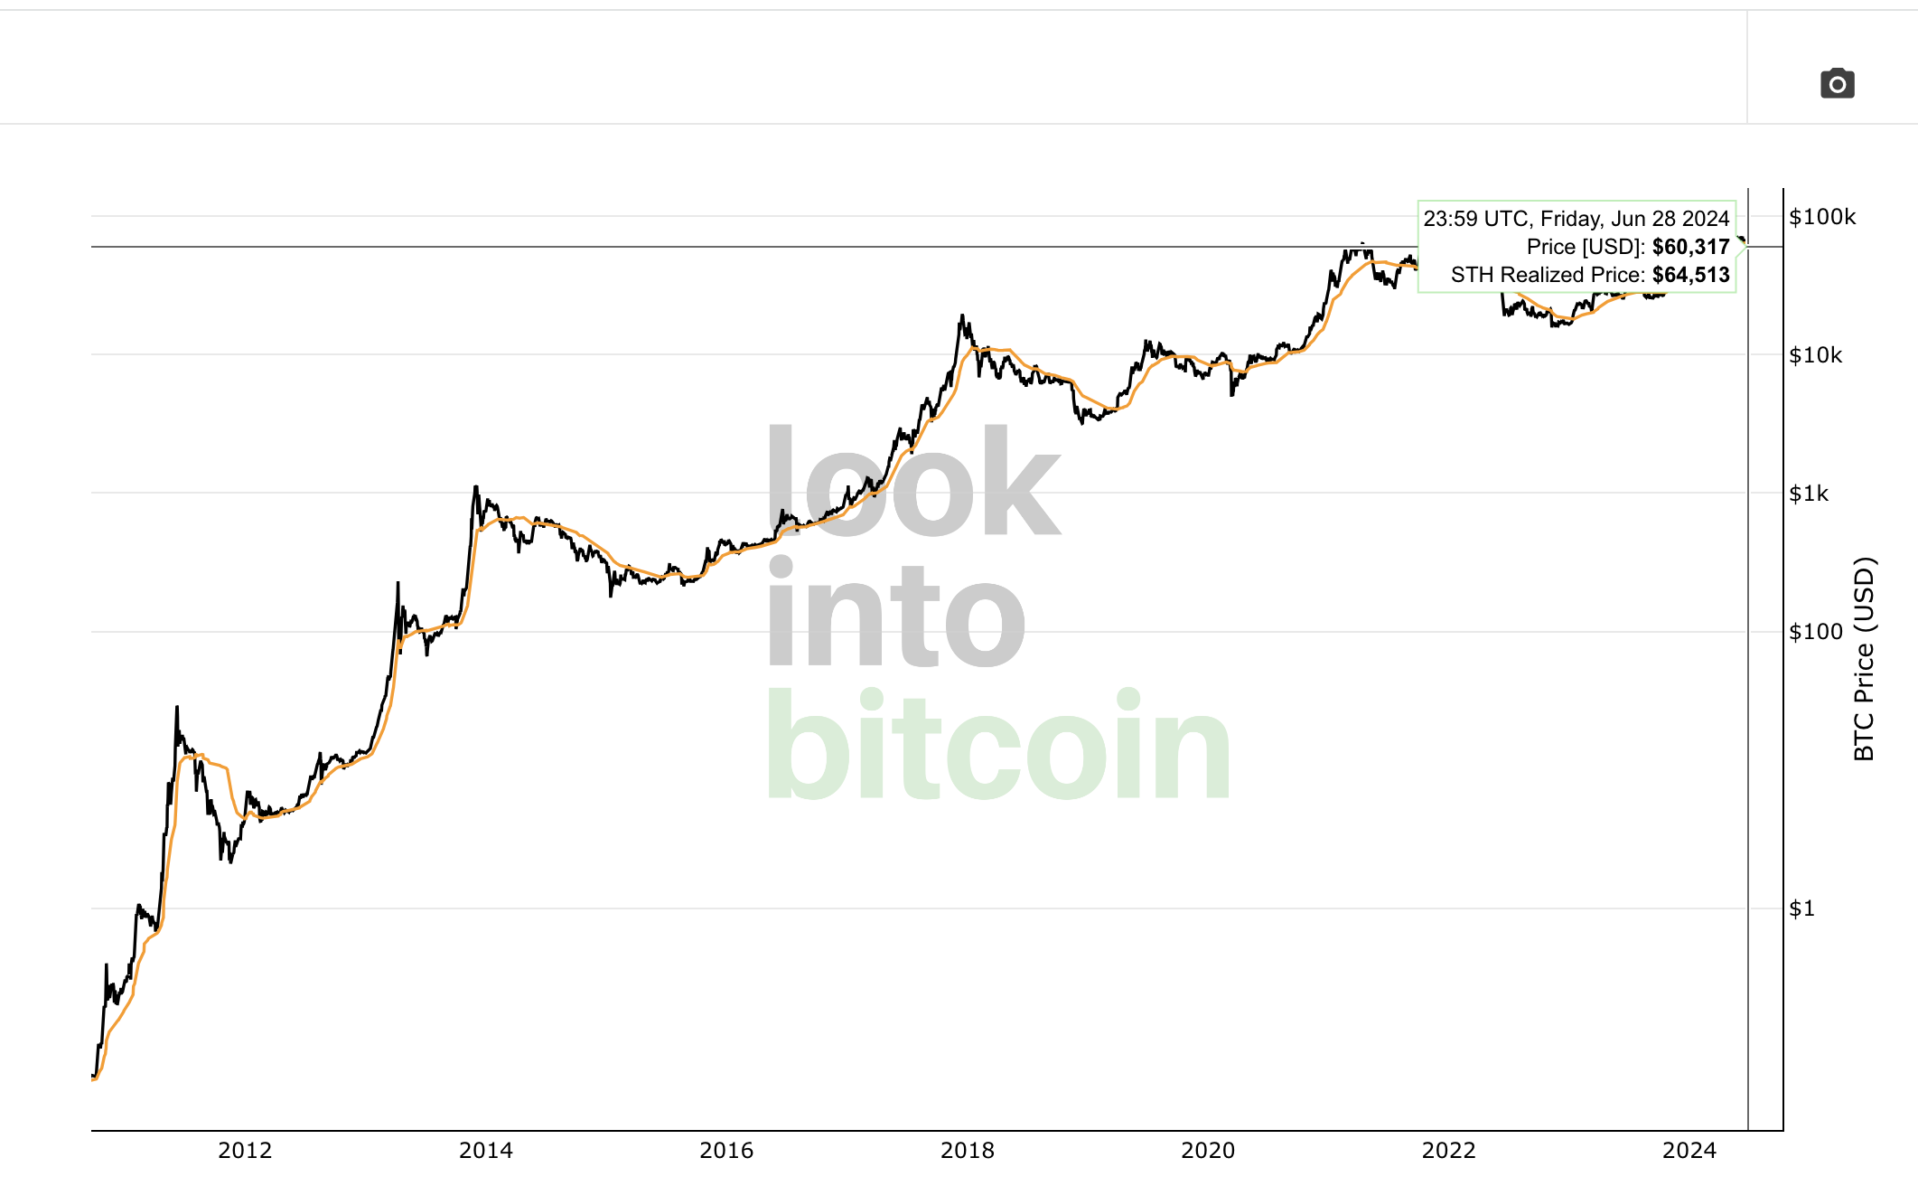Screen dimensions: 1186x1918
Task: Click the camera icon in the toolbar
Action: coord(1837,84)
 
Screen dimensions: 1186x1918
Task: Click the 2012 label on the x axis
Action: coord(245,1151)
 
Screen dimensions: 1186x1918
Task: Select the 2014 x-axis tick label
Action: coord(485,1151)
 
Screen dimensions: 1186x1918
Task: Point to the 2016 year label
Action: coord(726,1151)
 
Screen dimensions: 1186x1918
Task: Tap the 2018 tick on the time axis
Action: coord(967,1151)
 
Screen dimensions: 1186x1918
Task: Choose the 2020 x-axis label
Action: coord(1208,1151)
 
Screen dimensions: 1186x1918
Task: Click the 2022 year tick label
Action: coord(1448,1151)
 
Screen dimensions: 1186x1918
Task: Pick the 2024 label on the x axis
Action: coord(1689,1151)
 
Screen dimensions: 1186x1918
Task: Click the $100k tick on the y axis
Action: coord(1822,217)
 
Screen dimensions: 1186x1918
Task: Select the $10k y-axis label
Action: coord(1816,355)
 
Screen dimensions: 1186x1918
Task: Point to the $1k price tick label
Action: coord(1809,494)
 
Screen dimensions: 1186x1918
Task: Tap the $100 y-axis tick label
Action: coord(1816,632)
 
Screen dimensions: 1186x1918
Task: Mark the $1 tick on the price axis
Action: coord(1801,908)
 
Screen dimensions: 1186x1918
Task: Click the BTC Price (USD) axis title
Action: coord(1864,659)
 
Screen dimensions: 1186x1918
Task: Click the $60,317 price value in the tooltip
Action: coord(1690,247)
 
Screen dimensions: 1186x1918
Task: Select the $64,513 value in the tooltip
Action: coord(1690,275)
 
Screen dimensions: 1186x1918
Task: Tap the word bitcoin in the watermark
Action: coord(998,747)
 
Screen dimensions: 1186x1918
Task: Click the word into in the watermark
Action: coord(895,615)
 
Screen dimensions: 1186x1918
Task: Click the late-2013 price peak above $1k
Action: coord(476,488)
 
